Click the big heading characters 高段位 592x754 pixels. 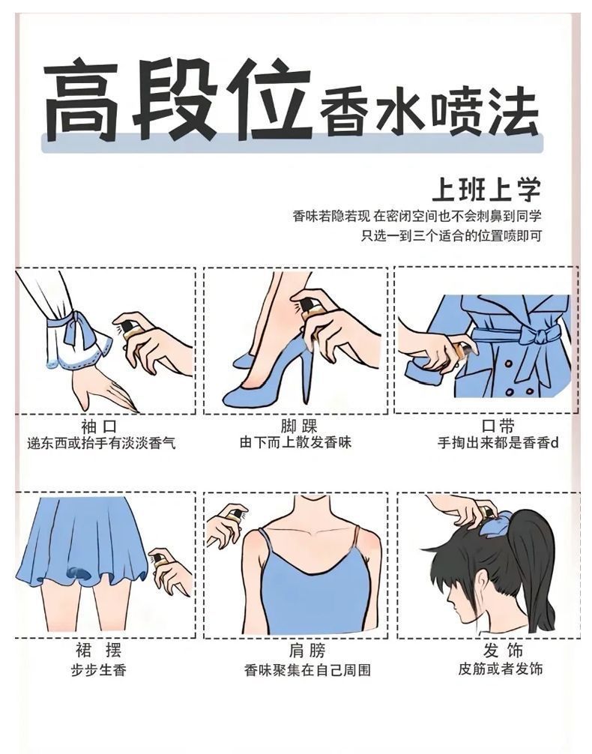click(177, 100)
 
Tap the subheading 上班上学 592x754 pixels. click(486, 189)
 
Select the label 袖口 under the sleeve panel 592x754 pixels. click(99, 426)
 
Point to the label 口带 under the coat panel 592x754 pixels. click(498, 426)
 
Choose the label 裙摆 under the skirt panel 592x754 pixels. click(99, 651)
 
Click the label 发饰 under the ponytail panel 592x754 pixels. click(503, 651)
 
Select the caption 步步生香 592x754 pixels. click(99, 670)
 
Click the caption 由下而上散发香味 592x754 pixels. click(296, 442)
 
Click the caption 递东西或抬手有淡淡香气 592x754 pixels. click(101, 442)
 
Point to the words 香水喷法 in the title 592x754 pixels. click(428, 114)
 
